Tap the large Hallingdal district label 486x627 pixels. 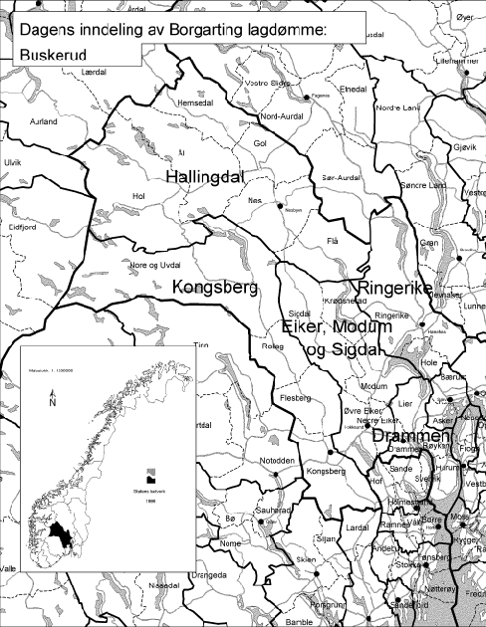coord(204,175)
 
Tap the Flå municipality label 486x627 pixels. coord(334,241)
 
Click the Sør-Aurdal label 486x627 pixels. coord(340,176)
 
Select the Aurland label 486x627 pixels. coord(44,121)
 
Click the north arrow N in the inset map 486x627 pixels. coord(51,403)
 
